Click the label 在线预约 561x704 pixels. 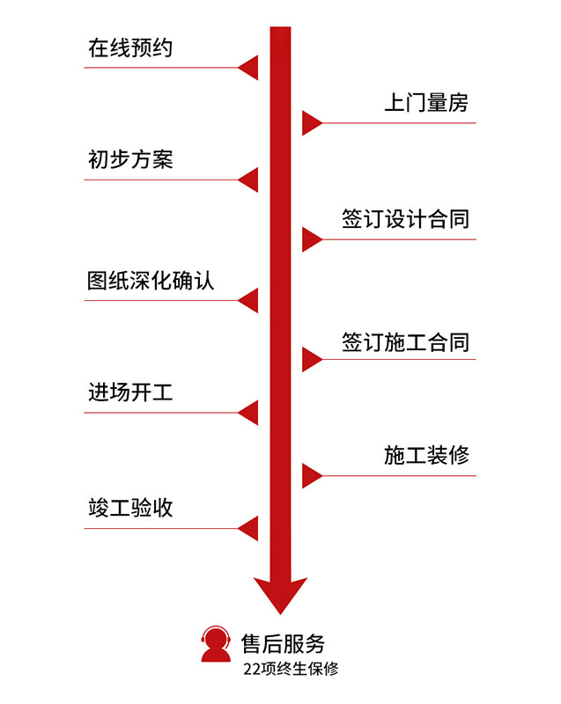tap(130, 48)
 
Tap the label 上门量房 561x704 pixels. tap(426, 103)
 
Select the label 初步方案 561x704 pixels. tap(130, 159)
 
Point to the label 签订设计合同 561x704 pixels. tap(405, 218)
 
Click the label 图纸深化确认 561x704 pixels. tap(151, 281)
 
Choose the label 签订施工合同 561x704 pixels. tap(405, 341)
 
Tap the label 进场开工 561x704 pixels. tap(130, 392)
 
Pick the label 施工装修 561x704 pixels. tap(426, 455)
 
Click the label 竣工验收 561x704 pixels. tap(130, 508)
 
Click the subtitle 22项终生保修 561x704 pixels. tap(291, 669)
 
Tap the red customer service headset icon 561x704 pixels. tap(216, 644)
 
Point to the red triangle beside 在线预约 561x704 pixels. tap(249, 67)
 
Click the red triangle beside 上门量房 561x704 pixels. tap(311, 122)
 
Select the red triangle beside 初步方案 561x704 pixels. tap(249, 180)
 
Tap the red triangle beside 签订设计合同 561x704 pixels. tap(311, 238)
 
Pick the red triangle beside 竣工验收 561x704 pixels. tap(249, 528)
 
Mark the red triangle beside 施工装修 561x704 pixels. tap(311, 475)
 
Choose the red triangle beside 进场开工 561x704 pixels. tap(249, 413)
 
